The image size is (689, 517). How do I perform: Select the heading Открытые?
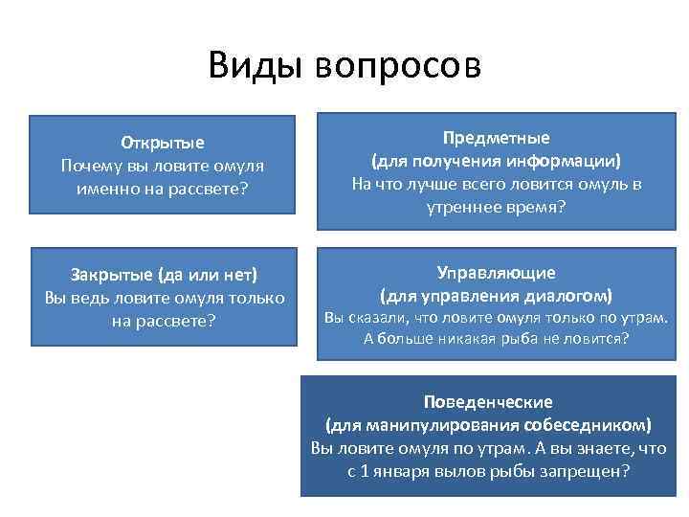(163, 144)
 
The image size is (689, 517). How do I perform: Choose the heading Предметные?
(496, 138)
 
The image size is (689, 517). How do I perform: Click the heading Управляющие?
(496, 273)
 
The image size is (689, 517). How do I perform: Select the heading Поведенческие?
(489, 402)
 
